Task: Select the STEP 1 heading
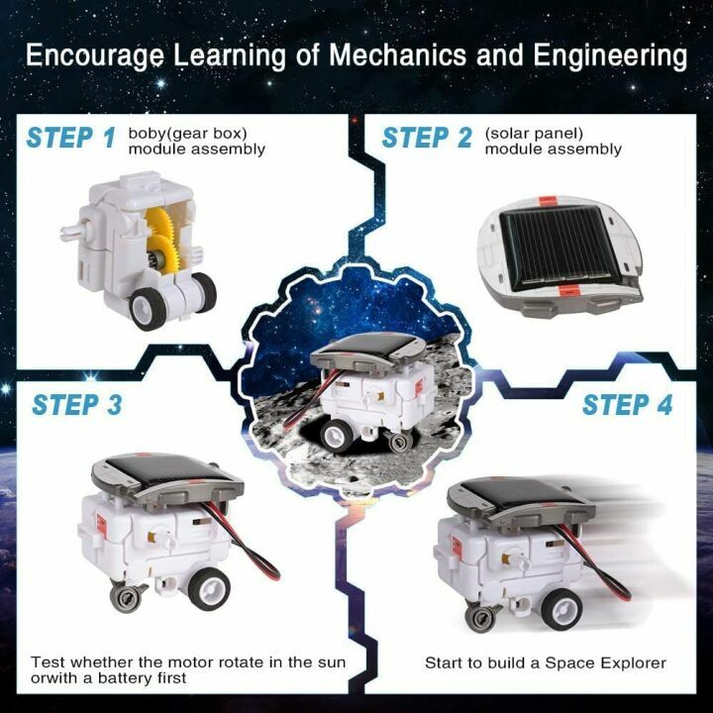pyautogui.click(x=71, y=138)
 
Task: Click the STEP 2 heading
pyautogui.click(x=428, y=138)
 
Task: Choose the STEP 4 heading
pyautogui.click(x=627, y=405)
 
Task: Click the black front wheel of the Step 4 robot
pyautogui.click(x=560, y=607)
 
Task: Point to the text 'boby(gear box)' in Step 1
pyautogui.click(x=189, y=133)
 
